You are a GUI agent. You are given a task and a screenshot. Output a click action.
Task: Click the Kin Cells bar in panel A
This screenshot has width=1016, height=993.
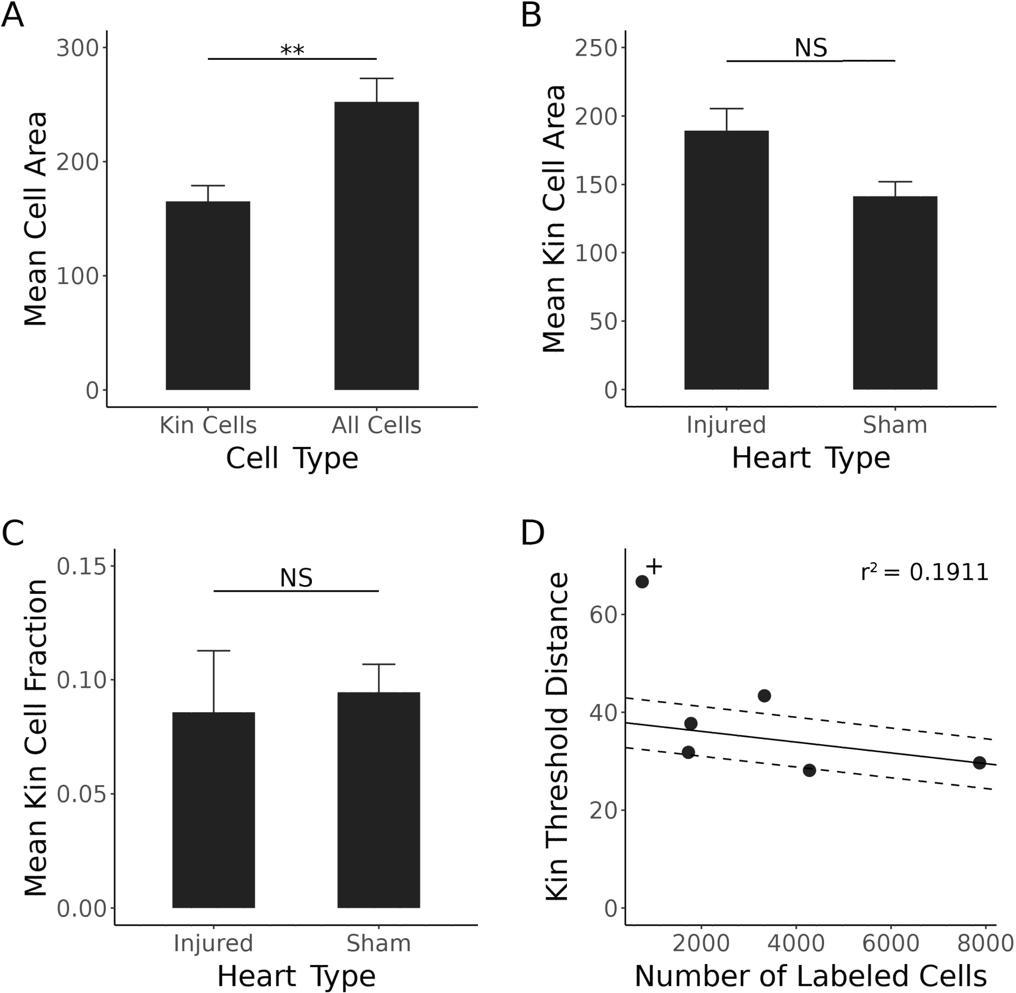point(208,295)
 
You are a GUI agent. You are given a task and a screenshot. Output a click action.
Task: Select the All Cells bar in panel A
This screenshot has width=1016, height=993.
point(376,246)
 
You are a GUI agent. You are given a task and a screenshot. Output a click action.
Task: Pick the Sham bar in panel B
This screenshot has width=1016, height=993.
point(895,293)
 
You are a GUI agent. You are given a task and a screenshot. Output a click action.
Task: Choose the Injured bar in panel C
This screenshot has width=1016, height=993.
point(213,810)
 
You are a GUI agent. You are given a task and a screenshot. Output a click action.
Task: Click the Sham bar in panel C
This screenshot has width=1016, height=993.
point(378,799)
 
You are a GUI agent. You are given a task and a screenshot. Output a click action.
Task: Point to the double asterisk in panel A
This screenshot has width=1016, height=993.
point(292,51)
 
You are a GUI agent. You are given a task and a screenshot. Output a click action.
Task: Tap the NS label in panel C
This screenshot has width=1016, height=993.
point(296,579)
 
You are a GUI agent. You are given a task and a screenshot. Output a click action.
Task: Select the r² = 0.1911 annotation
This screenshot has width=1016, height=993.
point(924,572)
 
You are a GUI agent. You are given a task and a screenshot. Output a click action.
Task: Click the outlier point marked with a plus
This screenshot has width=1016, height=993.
point(642,582)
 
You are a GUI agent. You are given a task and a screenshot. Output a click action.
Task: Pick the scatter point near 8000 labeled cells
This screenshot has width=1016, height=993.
point(979,762)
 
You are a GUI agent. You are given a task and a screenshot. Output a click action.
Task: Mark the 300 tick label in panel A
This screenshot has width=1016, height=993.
point(78,48)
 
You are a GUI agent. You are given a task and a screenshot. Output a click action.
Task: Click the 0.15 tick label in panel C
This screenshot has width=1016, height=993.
point(78,566)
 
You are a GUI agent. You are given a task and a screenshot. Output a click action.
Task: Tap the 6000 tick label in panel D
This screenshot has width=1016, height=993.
point(891,943)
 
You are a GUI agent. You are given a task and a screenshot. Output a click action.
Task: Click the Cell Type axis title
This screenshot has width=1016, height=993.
point(292,459)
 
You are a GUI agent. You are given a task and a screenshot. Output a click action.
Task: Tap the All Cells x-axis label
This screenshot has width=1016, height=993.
point(376,426)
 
